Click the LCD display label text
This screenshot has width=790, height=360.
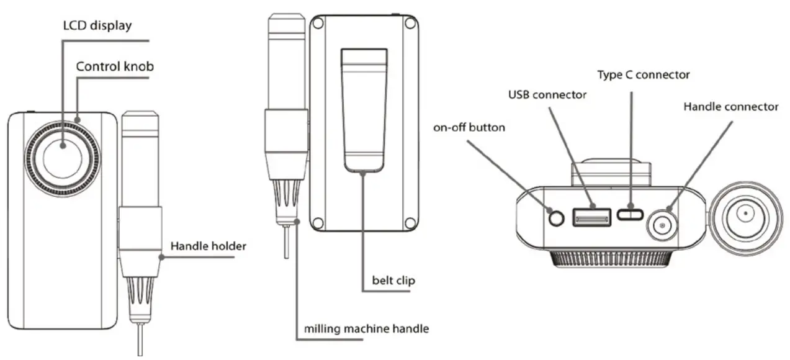pyautogui.click(x=97, y=26)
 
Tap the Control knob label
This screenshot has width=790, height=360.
pyautogui.click(x=115, y=66)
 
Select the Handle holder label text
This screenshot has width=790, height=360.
pyautogui.click(x=208, y=246)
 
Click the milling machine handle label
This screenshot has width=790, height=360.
pyautogui.click(x=366, y=328)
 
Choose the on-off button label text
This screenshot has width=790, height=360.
pyautogui.click(x=470, y=127)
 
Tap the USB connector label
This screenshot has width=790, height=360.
pyautogui.click(x=547, y=95)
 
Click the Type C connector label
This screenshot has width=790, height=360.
pyautogui.click(x=644, y=75)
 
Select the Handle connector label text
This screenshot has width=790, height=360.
pyautogui.click(x=730, y=107)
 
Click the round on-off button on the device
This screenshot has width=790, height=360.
pyautogui.click(x=555, y=218)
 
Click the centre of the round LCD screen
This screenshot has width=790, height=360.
pyautogui.click(x=62, y=154)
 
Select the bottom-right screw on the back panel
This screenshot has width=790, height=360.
pyautogui.click(x=409, y=222)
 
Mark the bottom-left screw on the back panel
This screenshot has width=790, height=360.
pyautogui.click(x=317, y=222)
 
